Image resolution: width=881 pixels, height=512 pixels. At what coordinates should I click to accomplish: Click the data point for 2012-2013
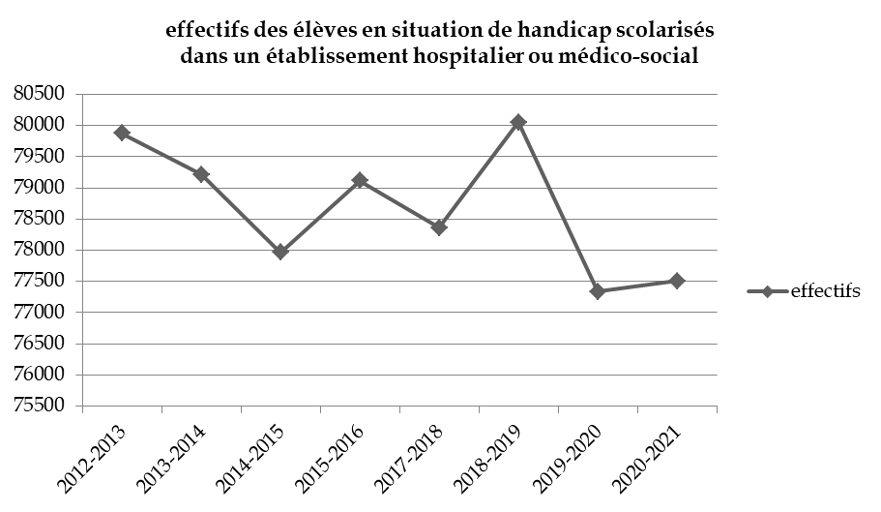pyautogui.click(x=122, y=134)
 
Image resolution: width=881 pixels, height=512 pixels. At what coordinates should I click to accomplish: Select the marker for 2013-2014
pyautogui.click(x=201, y=174)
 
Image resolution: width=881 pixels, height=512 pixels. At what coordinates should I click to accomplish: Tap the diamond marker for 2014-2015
pyautogui.click(x=280, y=252)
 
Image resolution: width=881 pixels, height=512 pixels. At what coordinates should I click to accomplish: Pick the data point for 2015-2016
pyautogui.click(x=360, y=180)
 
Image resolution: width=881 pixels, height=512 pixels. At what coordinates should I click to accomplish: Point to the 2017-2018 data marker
pyautogui.click(x=439, y=227)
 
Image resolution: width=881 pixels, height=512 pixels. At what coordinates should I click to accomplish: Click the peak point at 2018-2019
pyautogui.click(x=518, y=122)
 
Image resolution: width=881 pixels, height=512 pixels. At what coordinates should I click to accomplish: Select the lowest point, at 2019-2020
pyautogui.click(x=598, y=291)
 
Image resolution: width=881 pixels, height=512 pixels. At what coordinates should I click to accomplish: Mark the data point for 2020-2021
pyautogui.click(x=677, y=281)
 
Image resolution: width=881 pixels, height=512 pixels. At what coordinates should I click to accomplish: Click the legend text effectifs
pyautogui.click(x=825, y=292)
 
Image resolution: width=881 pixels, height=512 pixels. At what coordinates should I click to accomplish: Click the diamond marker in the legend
pyautogui.click(x=768, y=292)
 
